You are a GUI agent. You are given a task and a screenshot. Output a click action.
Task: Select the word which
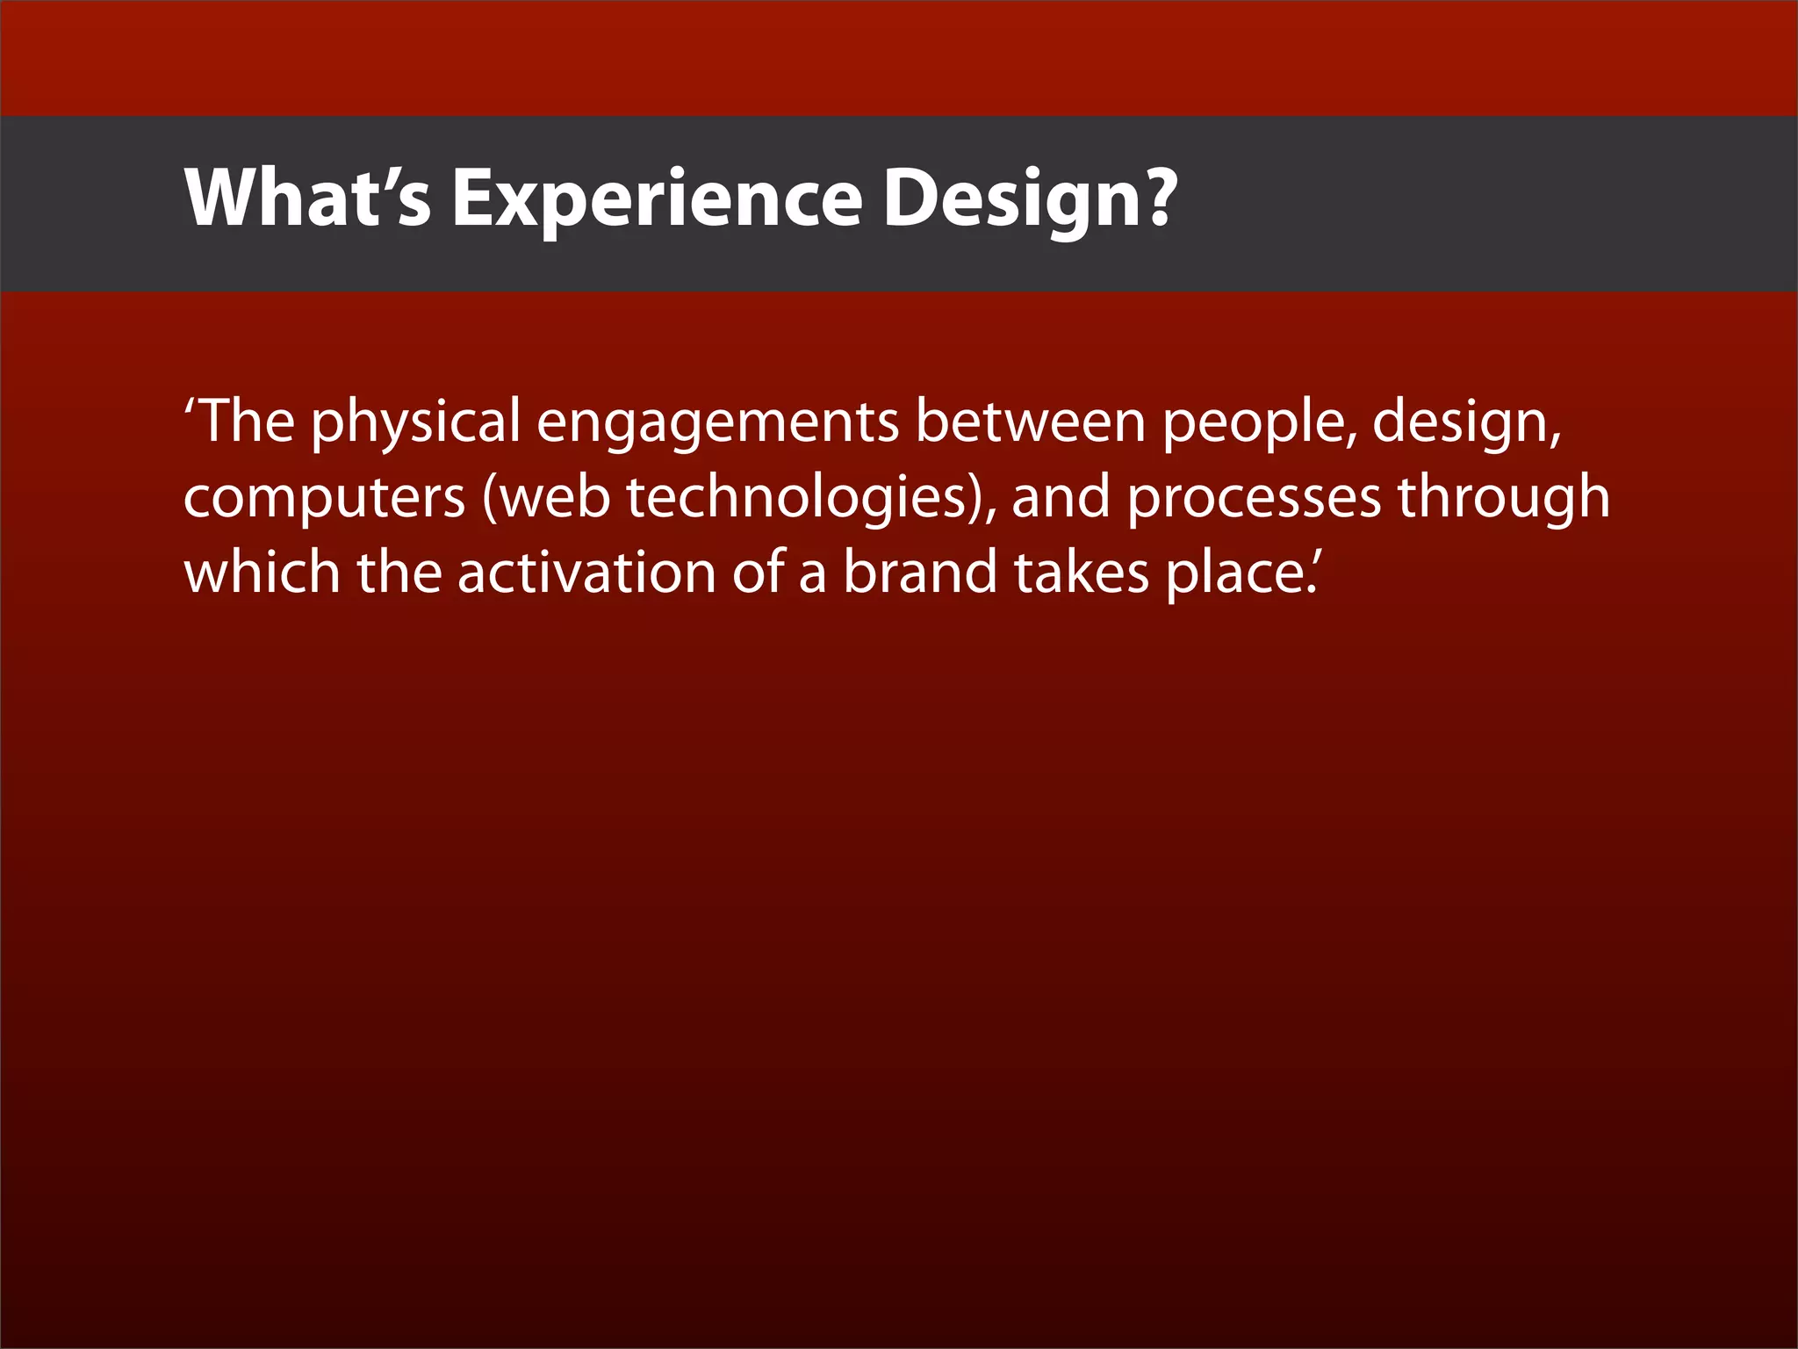click(x=262, y=573)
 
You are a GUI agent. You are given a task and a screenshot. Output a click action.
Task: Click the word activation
click(x=586, y=573)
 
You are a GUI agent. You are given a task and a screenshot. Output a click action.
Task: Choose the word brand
click(x=920, y=573)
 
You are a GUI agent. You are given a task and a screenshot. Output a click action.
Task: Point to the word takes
click(x=1082, y=573)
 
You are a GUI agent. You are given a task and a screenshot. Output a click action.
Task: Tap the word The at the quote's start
click(x=248, y=422)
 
